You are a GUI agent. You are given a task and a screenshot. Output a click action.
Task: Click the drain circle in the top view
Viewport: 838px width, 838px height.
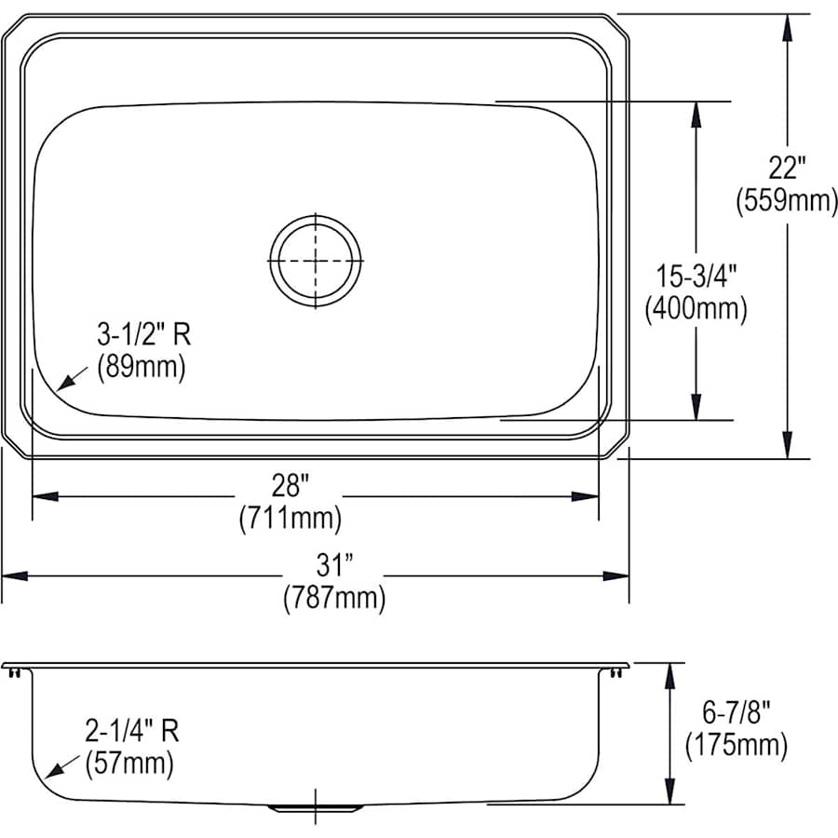[x=316, y=260]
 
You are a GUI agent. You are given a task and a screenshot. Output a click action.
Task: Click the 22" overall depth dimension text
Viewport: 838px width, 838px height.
[x=787, y=169]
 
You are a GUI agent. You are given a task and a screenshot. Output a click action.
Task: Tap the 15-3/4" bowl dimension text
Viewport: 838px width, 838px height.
[x=696, y=277]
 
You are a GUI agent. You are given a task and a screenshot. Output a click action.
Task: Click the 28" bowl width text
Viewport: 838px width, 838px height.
[x=291, y=484]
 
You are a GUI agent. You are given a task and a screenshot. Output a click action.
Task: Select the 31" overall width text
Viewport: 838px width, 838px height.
[x=333, y=564]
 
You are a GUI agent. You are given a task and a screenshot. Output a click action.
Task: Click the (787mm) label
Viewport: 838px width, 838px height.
[x=333, y=597]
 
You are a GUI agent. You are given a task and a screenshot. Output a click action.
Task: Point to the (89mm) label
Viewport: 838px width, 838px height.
[x=142, y=366]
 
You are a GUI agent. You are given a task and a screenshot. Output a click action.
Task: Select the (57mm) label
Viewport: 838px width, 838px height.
[x=129, y=764]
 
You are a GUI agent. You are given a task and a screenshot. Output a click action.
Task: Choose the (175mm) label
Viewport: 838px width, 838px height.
[x=736, y=745]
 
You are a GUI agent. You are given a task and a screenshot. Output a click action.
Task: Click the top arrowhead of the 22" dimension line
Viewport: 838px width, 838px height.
[x=788, y=27]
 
